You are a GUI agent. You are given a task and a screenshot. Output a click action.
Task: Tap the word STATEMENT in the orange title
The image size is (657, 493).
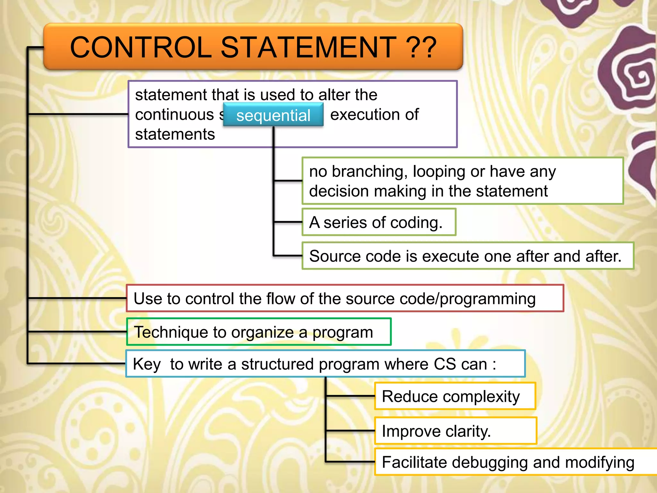(308, 48)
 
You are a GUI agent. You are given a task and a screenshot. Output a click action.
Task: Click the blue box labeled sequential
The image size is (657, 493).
(273, 115)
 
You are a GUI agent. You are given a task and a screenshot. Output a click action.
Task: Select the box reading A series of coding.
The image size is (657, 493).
(379, 222)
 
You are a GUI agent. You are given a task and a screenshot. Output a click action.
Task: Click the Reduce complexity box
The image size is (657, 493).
(455, 396)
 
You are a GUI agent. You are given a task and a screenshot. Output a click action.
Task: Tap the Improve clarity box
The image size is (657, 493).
(456, 431)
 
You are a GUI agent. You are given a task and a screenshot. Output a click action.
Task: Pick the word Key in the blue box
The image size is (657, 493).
(147, 364)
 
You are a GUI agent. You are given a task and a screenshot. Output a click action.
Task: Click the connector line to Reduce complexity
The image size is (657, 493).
(350, 396)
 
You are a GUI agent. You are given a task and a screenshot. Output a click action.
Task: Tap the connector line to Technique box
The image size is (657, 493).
(77, 332)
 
